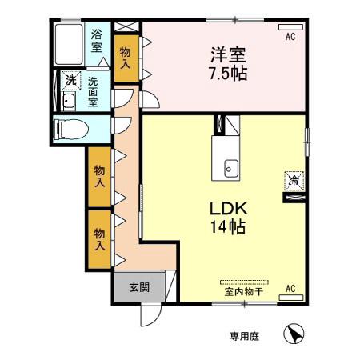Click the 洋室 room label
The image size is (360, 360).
click(x=228, y=56)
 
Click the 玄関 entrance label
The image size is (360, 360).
click(x=130, y=284)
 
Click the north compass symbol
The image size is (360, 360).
click(x=294, y=334)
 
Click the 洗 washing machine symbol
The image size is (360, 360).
click(x=70, y=81)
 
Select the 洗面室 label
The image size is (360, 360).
click(x=93, y=90)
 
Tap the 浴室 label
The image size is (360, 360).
click(x=96, y=41)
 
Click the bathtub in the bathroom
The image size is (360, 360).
click(x=68, y=44)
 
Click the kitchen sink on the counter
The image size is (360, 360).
click(x=230, y=168)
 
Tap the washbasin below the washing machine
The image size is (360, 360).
click(x=69, y=101)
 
